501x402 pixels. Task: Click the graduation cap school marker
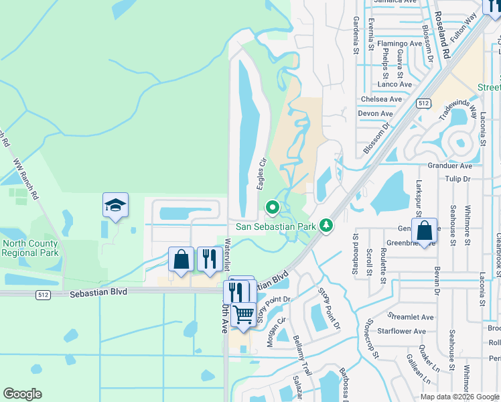pyautogui.click(x=115, y=204)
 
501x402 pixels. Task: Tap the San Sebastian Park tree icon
pyautogui.click(x=326, y=225)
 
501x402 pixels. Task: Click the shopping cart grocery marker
pyautogui.click(x=244, y=314)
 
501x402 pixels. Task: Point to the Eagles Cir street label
pyautogui.click(x=262, y=174)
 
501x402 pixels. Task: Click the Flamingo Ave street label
pyautogui.click(x=399, y=44)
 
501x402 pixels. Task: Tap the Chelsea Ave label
pyautogui.click(x=381, y=99)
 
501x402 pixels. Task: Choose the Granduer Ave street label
pyautogui.click(x=450, y=165)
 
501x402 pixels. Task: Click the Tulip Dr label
pyautogui.click(x=458, y=179)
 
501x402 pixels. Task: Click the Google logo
pyautogui.click(x=22, y=394)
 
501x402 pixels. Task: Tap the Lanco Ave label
pyautogui.click(x=395, y=84)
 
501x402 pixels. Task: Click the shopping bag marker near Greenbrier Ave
pyautogui.click(x=425, y=230)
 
